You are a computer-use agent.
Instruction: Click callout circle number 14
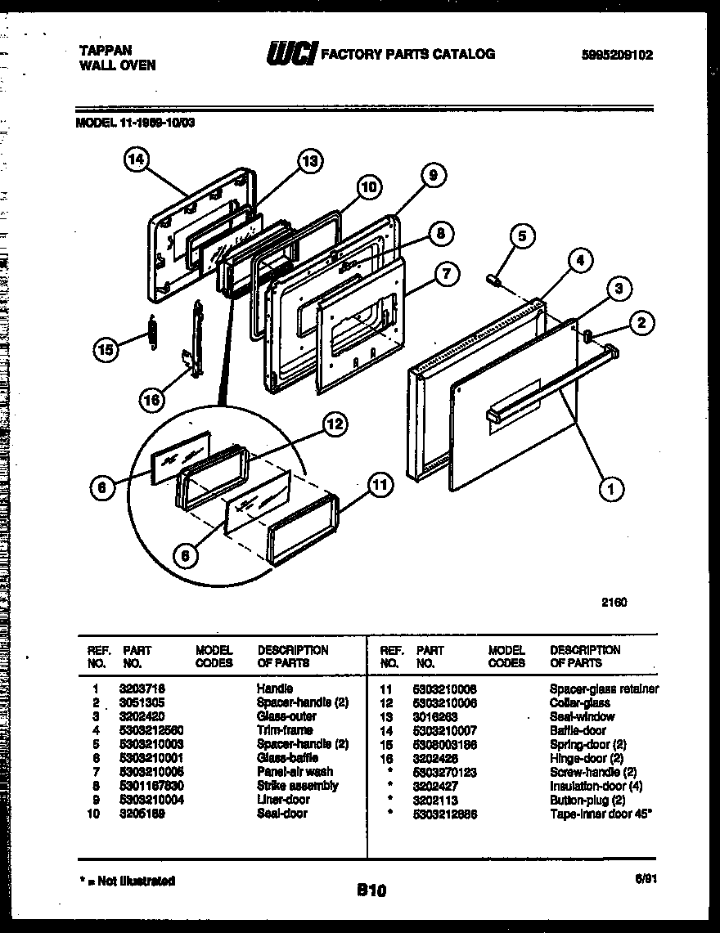click(136, 161)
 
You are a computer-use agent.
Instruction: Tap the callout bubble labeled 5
click(522, 237)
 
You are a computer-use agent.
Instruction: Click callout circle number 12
click(334, 424)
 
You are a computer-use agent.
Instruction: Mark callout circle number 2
click(641, 323)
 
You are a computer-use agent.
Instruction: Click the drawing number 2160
click(614, 602)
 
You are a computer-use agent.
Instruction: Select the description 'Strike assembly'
click(297, 786)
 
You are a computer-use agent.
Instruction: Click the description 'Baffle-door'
click(578, 730)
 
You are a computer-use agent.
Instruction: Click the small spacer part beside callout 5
click(494, 280)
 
